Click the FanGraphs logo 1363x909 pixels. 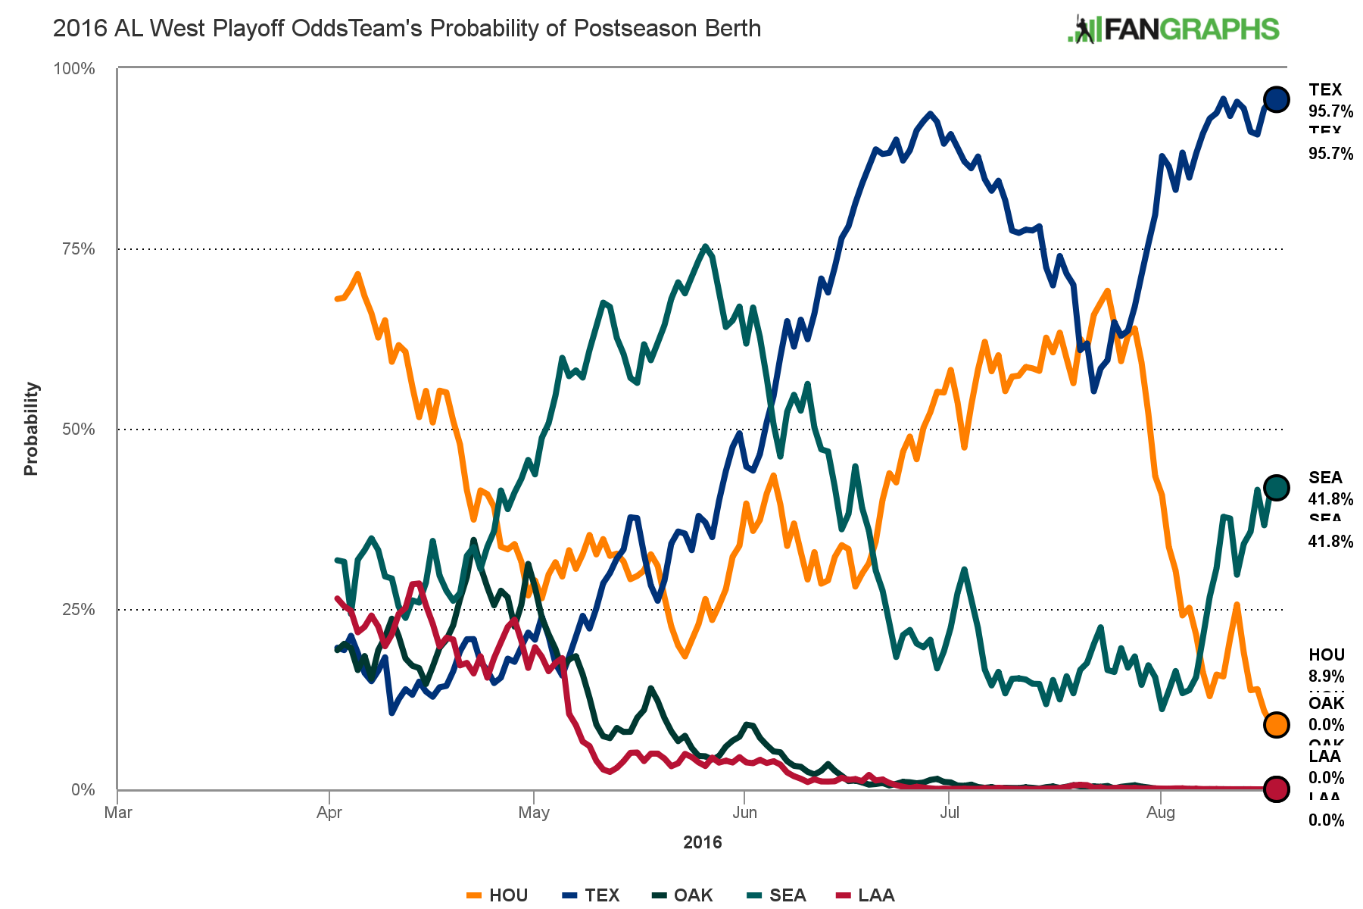click(1173, 30)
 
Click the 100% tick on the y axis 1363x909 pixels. click(74, 69)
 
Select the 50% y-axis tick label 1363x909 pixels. click(77, 430)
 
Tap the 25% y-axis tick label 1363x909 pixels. click(77, 610)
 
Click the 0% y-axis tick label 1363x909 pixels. click(83, 790)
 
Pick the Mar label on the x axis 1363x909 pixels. click(118, 813)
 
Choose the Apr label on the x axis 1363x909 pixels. click(329, 813)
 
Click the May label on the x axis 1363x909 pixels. click(534, 813)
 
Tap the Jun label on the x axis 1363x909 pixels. click(745, 813)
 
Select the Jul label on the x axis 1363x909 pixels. click(950, 813)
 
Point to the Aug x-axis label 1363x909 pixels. click(1161, 813)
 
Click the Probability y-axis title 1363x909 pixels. click(31, 429)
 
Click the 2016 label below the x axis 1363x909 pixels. click(703, 842)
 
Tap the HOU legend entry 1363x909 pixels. click(497, 895)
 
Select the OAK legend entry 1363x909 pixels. click(683, 895)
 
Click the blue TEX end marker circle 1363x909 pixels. click(1276, 99)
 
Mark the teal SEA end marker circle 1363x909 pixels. click(1276, 488)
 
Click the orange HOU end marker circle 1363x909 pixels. click(1276, 725)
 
